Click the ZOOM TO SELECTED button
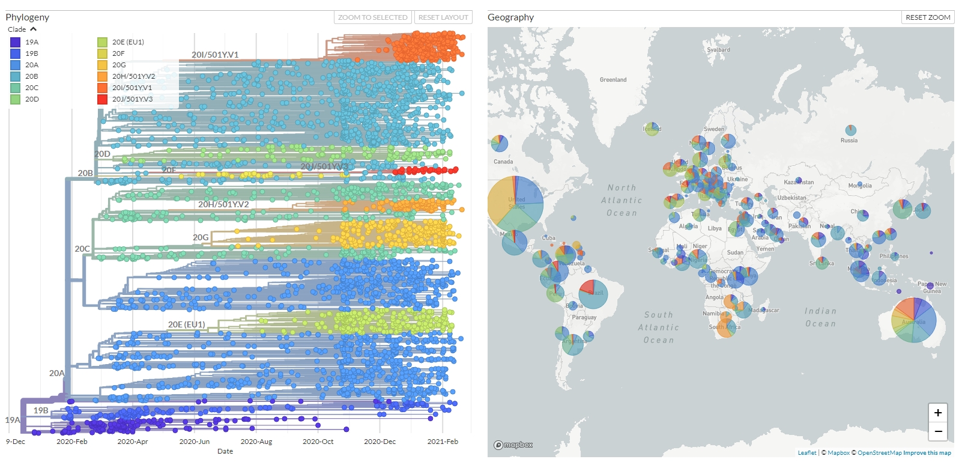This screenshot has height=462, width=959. point(373,17)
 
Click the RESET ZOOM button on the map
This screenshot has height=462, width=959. point(928,17)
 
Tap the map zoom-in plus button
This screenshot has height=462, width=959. point(937,413)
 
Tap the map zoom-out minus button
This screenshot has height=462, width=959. point(937,431)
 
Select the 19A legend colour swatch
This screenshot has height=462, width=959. point(16,42)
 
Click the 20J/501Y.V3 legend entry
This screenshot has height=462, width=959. point(132,99)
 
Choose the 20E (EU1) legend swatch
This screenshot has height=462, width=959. point(103,42)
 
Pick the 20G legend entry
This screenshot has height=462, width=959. point(119,65)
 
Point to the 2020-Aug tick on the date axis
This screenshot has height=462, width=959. point(256,442)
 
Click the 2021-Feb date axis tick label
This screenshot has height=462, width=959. point(443,442)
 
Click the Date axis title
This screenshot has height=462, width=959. point(225,451)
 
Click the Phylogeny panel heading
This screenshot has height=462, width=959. point(28,17)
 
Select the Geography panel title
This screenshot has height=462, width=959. point(510,17)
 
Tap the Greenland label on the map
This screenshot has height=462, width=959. point(613,80)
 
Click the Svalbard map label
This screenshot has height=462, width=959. point(718,50)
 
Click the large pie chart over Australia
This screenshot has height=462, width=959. point(914,320)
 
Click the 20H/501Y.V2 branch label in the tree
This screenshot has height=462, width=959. point(223,204)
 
